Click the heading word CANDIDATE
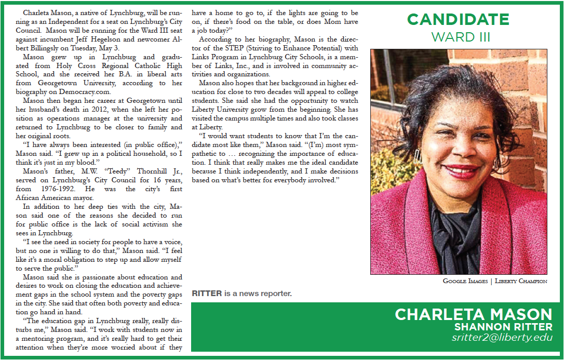[458, 20]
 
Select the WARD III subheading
[461, 37]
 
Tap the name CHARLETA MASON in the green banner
[474, 314]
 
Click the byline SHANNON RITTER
[503, 327]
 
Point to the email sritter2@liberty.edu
[502, 338]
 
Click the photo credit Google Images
[465, 281]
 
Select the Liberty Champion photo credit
[520, 281]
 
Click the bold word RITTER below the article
[207, 294]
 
